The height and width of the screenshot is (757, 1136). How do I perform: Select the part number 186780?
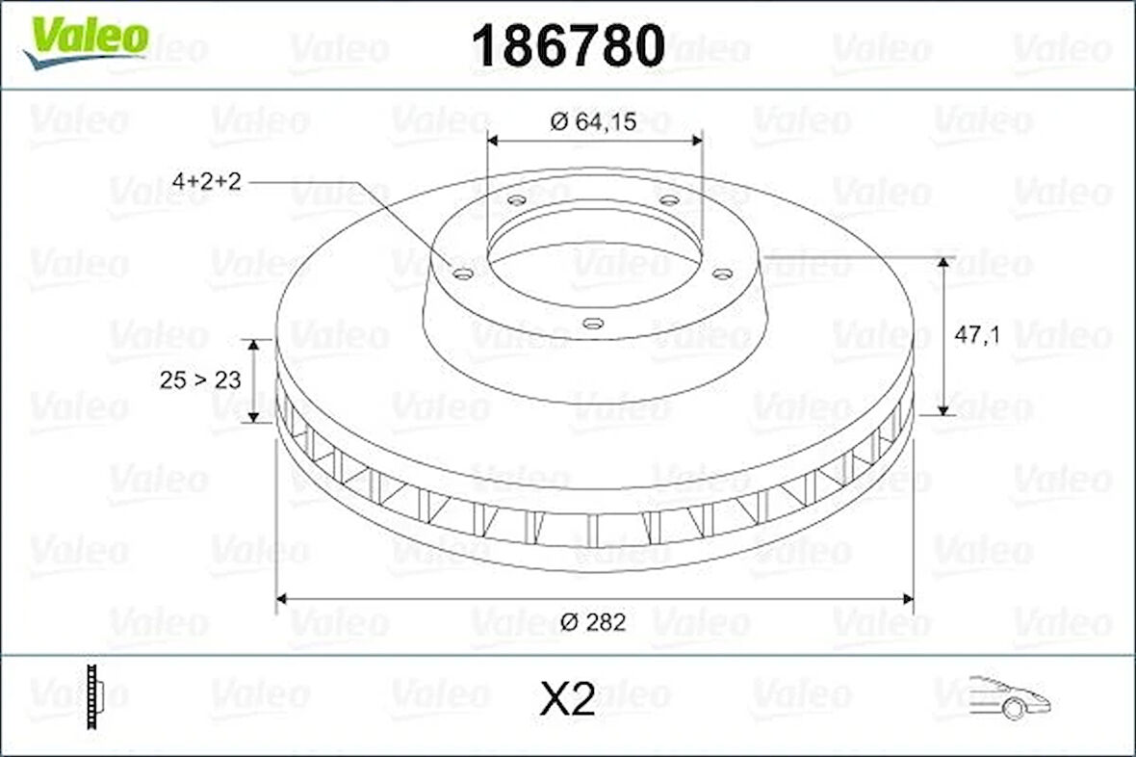click(568, 45)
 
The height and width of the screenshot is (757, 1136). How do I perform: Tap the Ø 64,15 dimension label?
click(594, 121)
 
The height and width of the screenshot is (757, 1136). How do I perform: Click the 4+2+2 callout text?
click(206, 181)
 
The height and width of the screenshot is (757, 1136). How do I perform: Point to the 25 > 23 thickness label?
click(200, 380)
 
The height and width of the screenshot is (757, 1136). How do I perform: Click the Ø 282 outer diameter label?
click(593, 622)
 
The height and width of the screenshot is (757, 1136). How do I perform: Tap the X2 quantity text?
click(567, 700)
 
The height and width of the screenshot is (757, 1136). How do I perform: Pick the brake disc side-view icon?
click(93, 696)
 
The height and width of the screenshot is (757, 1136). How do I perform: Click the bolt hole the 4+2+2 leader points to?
click(463, 274)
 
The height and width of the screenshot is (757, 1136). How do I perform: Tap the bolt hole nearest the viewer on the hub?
click(594, 324)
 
